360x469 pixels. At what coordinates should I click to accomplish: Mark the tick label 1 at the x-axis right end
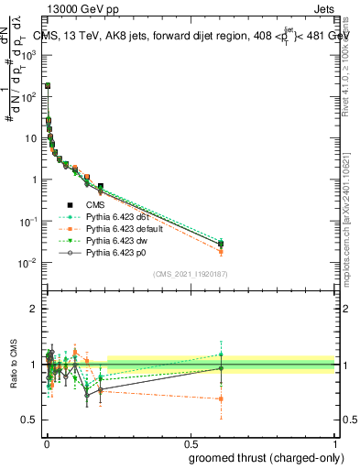(x=335, y=442)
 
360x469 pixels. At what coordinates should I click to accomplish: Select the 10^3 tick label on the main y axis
(x=29, y=54)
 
